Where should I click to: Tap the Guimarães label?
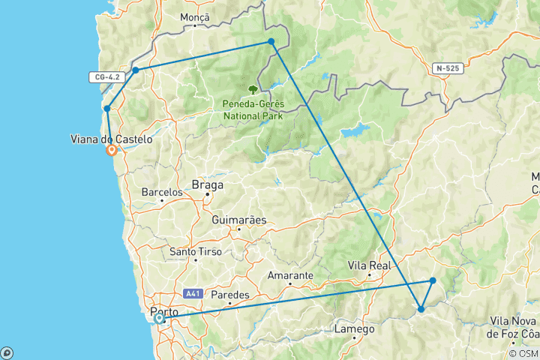238,221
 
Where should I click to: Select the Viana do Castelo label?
110,139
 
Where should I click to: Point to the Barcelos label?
162,192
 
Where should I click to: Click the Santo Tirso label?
195,252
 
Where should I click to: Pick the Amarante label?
290,275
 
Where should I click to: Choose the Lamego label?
355,329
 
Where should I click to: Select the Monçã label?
195,17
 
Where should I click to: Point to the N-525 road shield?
448,68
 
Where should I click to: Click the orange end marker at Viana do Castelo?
112,150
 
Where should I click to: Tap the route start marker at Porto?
159,319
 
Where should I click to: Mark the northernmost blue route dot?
271,41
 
